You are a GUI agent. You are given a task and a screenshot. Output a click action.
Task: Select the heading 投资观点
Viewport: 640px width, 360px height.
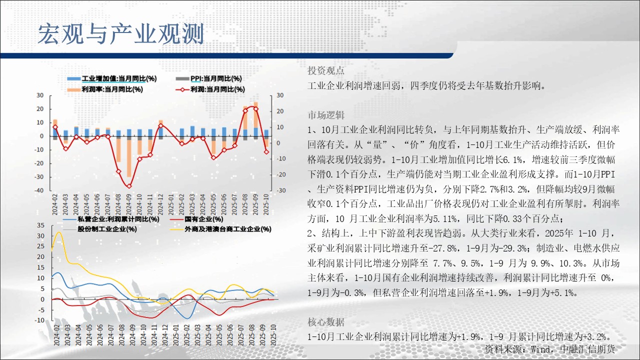325,70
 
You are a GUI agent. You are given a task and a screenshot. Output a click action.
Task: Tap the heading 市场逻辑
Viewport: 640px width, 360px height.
326,115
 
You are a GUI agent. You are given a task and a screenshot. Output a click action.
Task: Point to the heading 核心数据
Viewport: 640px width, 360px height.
326,322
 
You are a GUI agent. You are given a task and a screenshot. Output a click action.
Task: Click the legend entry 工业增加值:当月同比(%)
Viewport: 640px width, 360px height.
112,78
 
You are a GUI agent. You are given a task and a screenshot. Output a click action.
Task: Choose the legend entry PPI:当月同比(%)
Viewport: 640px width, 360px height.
209,78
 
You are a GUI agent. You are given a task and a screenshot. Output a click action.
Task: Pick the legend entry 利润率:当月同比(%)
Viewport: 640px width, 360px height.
105,89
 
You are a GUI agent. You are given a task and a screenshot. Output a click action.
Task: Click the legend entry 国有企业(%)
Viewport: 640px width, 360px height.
196,219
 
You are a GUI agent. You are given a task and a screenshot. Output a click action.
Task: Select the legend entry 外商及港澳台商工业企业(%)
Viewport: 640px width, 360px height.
220,229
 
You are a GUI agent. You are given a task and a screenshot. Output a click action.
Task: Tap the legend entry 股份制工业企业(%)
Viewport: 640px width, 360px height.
99,229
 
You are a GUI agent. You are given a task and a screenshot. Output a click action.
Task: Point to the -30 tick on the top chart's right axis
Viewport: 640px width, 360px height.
281,190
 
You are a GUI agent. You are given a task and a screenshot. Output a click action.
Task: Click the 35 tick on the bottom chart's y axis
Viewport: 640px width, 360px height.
40,225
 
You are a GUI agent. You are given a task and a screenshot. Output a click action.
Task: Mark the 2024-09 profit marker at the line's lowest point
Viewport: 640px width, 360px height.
129,186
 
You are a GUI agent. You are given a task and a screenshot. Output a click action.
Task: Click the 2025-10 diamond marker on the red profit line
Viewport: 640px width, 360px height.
266,152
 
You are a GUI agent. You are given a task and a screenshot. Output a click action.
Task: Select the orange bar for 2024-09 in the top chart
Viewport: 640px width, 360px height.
129,158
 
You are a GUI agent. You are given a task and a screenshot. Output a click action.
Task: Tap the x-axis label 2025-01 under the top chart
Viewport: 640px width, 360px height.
171,204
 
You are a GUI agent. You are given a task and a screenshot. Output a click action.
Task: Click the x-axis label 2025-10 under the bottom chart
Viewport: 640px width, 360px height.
273,335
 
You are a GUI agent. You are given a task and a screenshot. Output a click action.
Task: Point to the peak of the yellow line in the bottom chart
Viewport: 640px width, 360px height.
59,232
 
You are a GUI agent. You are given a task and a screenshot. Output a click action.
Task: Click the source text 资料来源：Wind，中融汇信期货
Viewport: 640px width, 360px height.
550,349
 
